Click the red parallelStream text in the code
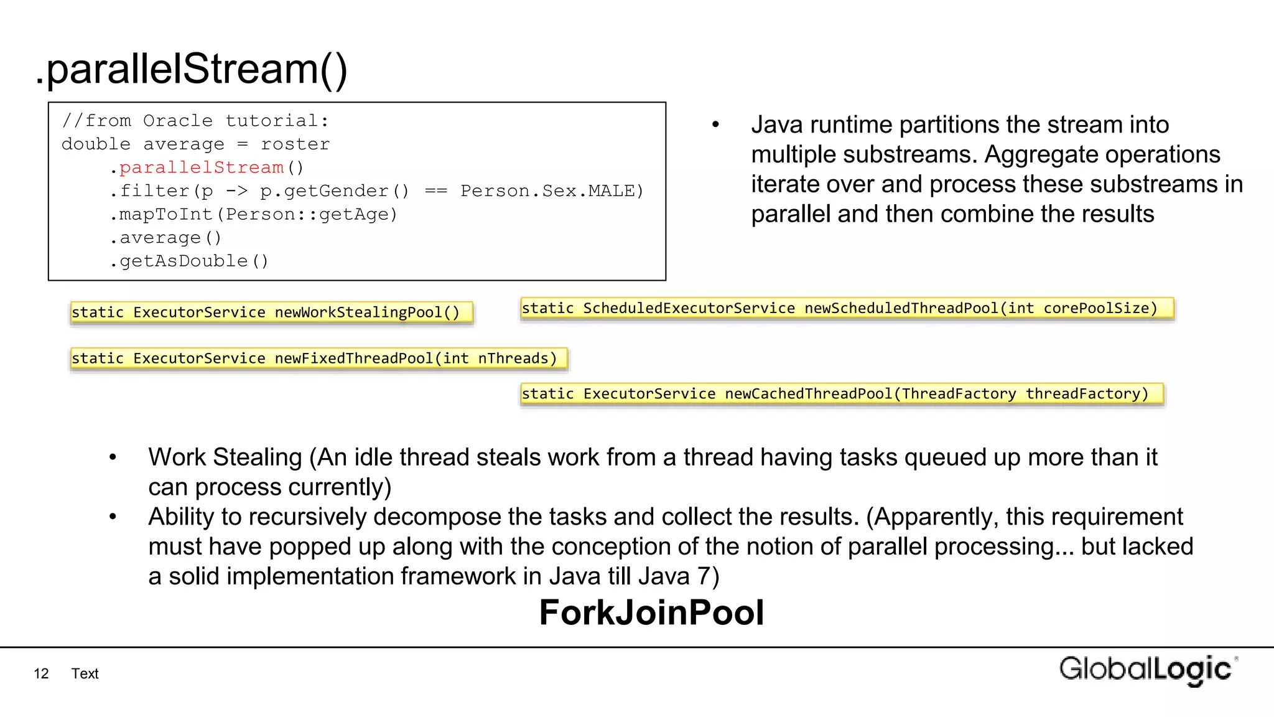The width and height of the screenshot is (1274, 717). pos(201,167)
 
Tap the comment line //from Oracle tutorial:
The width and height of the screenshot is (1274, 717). pos(195,121)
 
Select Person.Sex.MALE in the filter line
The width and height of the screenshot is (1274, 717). pos(551,191)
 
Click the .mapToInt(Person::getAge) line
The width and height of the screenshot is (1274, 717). pos(254,215)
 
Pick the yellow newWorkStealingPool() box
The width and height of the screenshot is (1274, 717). pos(271,312)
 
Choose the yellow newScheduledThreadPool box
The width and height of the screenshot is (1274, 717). pos(847,309)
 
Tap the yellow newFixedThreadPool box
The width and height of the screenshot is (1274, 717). pos(318,358)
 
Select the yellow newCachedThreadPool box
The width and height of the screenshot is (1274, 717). pos(842,394)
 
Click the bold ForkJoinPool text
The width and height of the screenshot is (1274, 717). pos(651,612)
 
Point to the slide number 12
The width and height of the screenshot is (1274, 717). pos(41,673)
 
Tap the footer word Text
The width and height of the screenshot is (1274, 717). pos(85,673)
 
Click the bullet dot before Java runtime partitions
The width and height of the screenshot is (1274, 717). pos(716,125)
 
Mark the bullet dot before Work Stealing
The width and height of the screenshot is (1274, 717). pos(113,458)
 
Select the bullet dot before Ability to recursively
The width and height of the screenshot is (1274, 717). pos(113,517)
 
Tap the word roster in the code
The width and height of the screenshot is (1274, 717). pos(295,144)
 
